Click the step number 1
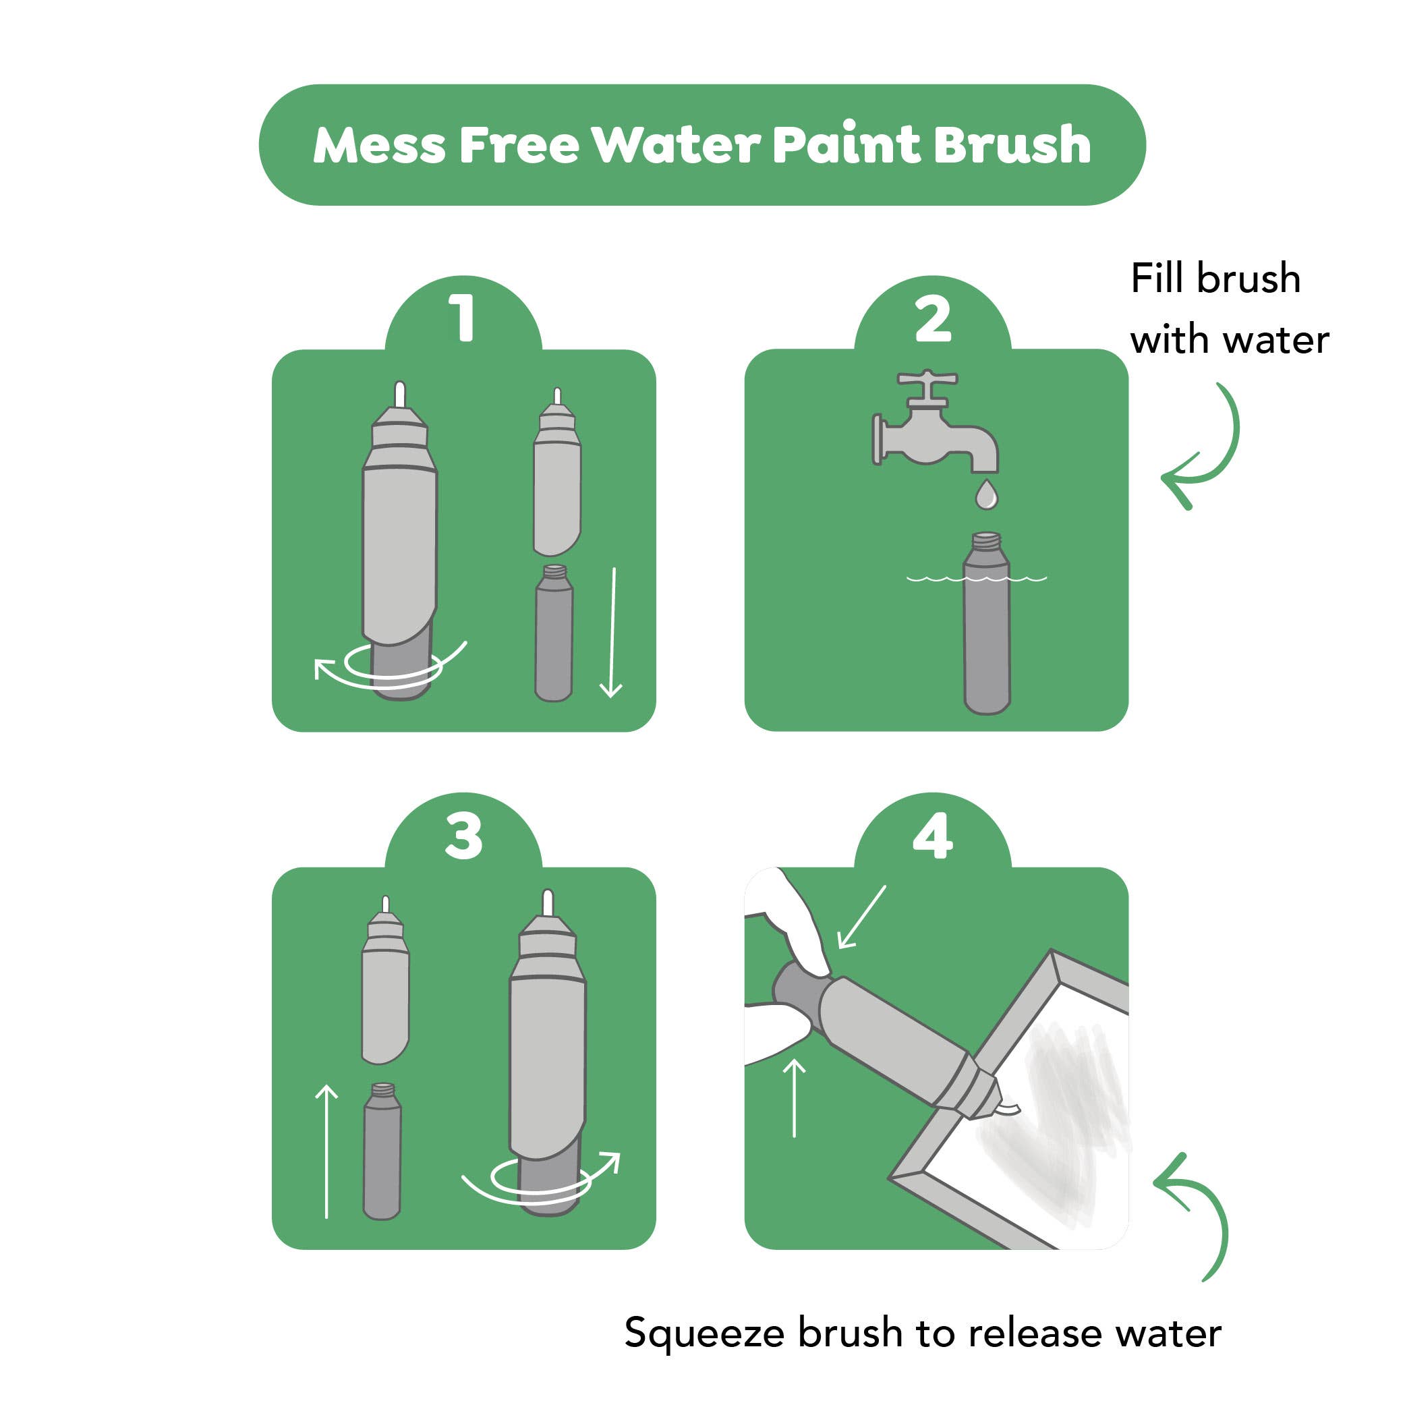click(x=463, y=318)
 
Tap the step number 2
click(x=933, y=318)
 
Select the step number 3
click(x=463, y=836)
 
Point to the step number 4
click(x=933, y=836)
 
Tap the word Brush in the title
click(x=1012, y=143)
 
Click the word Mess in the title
click(x=379, y=145)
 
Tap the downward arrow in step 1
click(x=612, y=632)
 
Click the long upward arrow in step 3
click(x=327, y=1151)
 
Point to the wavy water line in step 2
click(x=977, y=579)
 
